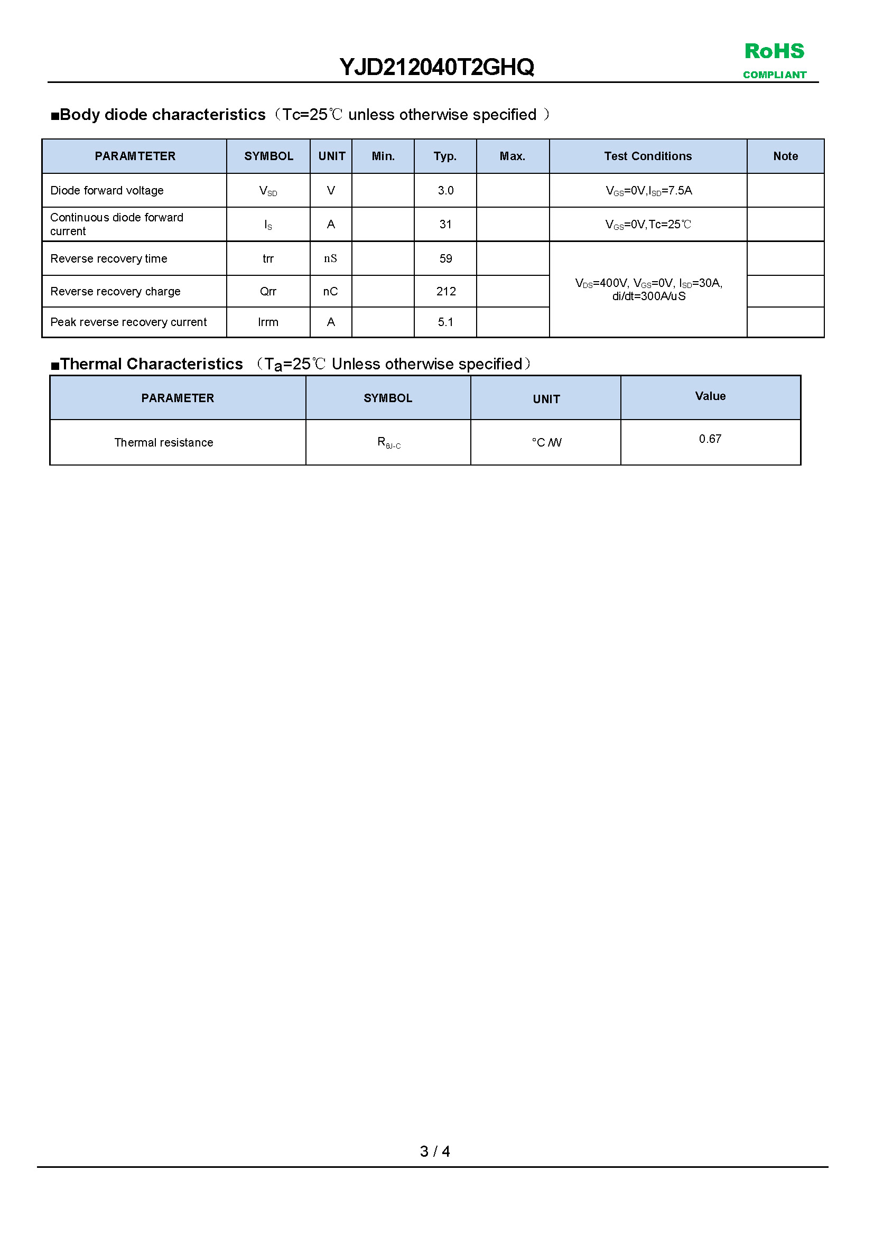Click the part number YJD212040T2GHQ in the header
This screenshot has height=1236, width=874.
pyautogui.click(x=436, y=67)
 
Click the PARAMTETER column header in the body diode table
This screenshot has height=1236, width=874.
pyautogui.click(x=135, y=156)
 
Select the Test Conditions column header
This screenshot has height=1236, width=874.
pyautogui.click(x=647, y=156)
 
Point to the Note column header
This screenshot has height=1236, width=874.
pyautogui.click(x=785, y=156)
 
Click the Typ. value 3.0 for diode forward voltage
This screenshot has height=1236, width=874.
pyautogui.click(x=445, y=191)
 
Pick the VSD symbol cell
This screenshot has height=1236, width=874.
pyautogui.click(x=268, y=191)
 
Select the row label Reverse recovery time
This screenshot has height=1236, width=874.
pyautogui.click(x=109, y=259)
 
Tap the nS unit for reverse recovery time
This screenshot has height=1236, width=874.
pyautogui.click(x=330, y=259)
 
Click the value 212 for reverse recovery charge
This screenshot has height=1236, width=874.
pyautogui.click(x=445, y=292)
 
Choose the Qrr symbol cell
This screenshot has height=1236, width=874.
pyautogui.click(x=268, y=292)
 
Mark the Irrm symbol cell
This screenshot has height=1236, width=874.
pyautogui.click(x=268, y=322)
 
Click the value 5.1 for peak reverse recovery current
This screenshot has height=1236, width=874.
pyautogui.click(x=445, y=322)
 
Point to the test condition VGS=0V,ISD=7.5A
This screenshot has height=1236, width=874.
pyautogui.click(x=648, y=191)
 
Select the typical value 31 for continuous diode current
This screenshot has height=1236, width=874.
pyautogui.click(x=445, y=225)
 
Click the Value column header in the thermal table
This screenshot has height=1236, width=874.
pyautogui.click(x=710, y=396)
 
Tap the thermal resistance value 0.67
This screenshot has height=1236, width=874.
pyautogui.click(x=710, y=439)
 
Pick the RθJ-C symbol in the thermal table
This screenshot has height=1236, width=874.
pyautogui.click(x=388, y=443)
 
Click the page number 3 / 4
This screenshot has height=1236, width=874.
pyautogui.click(x=435, y=1151)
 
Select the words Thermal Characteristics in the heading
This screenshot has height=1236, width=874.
pyautogui.click(x=152, y=365)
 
